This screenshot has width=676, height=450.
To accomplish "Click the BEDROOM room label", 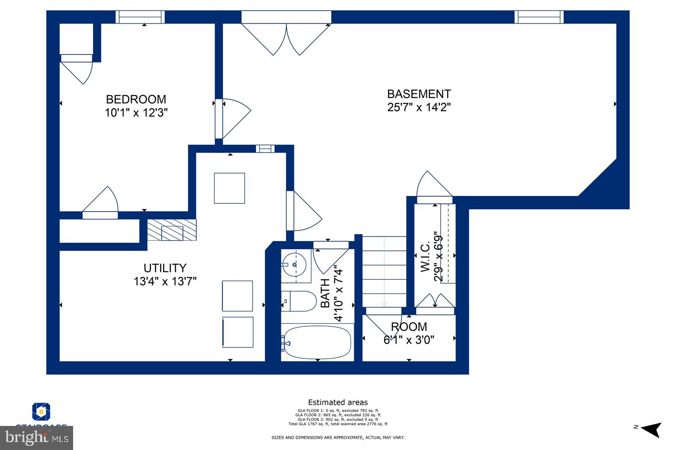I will pos(136,99).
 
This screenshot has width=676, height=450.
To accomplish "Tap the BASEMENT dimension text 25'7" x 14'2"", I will pos(419,107).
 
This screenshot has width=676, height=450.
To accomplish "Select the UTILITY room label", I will pos(165,268).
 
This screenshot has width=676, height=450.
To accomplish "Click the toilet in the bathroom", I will pos(299,301).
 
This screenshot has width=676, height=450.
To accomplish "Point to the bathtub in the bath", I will pos(317,342).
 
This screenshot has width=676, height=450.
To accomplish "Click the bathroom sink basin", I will pos(294,265).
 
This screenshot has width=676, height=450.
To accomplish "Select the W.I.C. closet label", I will pos(425,256).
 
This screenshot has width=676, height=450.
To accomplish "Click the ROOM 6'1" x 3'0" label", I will pos(409,333).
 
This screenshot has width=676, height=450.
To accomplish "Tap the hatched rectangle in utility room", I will pos(172,230).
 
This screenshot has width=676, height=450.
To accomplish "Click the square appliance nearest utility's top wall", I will pos(229,188).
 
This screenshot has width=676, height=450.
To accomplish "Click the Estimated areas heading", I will pos(338,402).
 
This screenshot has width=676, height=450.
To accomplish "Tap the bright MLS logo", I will pos(37,438).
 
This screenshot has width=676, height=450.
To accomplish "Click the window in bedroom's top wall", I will pos(140,17).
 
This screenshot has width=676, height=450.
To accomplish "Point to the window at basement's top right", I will pos(539,17).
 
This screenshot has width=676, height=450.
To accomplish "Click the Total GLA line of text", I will pos(338,424).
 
